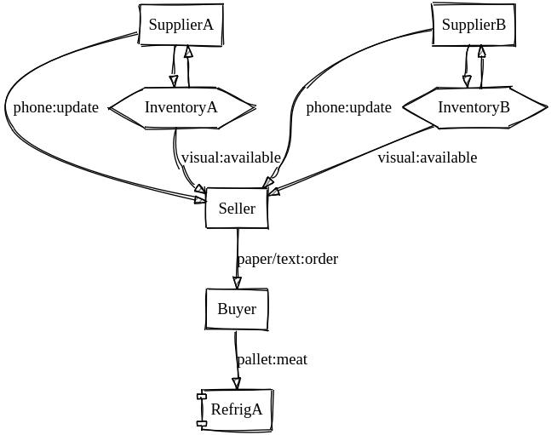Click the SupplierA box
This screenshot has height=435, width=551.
[181, 25]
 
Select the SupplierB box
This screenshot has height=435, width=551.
[474, 25]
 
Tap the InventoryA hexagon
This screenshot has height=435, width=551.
[181, 107]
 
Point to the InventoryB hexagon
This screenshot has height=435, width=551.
[474, 107]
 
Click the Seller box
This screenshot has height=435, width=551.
[237, 208]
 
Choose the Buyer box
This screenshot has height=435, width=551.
[237, 309]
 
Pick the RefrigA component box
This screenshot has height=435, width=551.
[236, 409]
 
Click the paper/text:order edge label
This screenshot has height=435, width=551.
[288, 260]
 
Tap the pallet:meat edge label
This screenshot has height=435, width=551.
[273, 360]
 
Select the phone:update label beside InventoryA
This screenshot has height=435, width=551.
[56, 107]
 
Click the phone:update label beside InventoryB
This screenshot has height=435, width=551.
[349, 107]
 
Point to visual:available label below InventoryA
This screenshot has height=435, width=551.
[231, 158]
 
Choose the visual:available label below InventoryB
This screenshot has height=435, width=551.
[428, 158]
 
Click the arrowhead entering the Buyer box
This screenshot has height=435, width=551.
[238, 283]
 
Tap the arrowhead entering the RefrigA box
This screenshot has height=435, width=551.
[237, 384]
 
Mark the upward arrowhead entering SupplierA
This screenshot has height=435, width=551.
[189, 51]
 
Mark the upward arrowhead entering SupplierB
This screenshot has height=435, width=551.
[482, 51]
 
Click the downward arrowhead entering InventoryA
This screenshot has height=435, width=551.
[173, 82]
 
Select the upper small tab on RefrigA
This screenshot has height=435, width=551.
[202, 397]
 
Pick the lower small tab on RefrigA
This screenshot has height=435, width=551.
[202, 423]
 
